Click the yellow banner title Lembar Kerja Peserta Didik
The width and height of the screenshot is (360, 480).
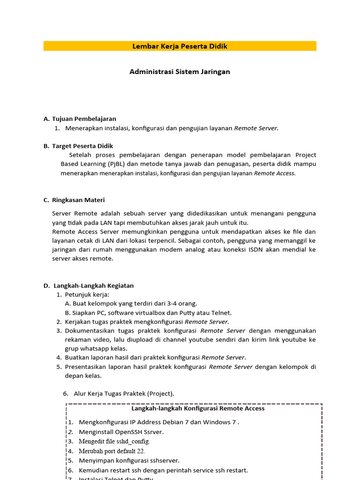180,46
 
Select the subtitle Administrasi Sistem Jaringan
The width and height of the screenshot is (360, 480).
180,72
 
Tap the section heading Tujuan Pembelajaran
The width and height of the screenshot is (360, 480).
84,119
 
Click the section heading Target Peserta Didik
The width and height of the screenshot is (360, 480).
82,146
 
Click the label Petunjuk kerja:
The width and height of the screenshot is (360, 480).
87,294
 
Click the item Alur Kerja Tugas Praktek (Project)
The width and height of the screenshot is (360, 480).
124,393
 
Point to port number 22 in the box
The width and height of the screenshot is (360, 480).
140,450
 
